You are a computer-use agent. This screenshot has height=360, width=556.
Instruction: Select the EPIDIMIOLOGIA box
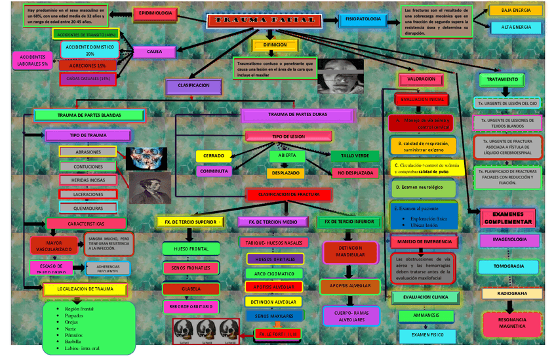[x=155, y=13]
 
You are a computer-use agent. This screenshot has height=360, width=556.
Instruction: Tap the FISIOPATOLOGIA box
[x=363, y=20]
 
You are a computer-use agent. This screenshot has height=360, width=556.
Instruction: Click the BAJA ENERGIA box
[x=516, y=10]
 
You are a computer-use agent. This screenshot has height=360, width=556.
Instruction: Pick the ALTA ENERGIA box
[x=516, y=28]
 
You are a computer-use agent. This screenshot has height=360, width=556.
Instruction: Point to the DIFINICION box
[x=275, y=45]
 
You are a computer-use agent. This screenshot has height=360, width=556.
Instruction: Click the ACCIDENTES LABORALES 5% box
[x=33, y=60]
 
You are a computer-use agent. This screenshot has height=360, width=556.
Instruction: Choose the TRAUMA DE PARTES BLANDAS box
[x=89, y=115]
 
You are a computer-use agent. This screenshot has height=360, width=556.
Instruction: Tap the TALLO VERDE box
[x=355, y=156]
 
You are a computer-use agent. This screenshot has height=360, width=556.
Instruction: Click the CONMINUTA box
[x=214, y=171]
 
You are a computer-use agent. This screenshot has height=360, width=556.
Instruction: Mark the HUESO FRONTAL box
[x=191, y=249]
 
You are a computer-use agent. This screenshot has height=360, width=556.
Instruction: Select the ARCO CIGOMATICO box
[x=274, y=273]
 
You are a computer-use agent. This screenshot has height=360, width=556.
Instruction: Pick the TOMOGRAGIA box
[x=509, y=266]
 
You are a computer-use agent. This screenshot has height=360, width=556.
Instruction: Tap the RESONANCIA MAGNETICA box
[x=512, y=322]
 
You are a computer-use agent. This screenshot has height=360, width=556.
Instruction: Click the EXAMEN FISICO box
[x=427, y=335]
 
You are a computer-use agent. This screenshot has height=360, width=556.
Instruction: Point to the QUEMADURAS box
[x=88, y=208]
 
